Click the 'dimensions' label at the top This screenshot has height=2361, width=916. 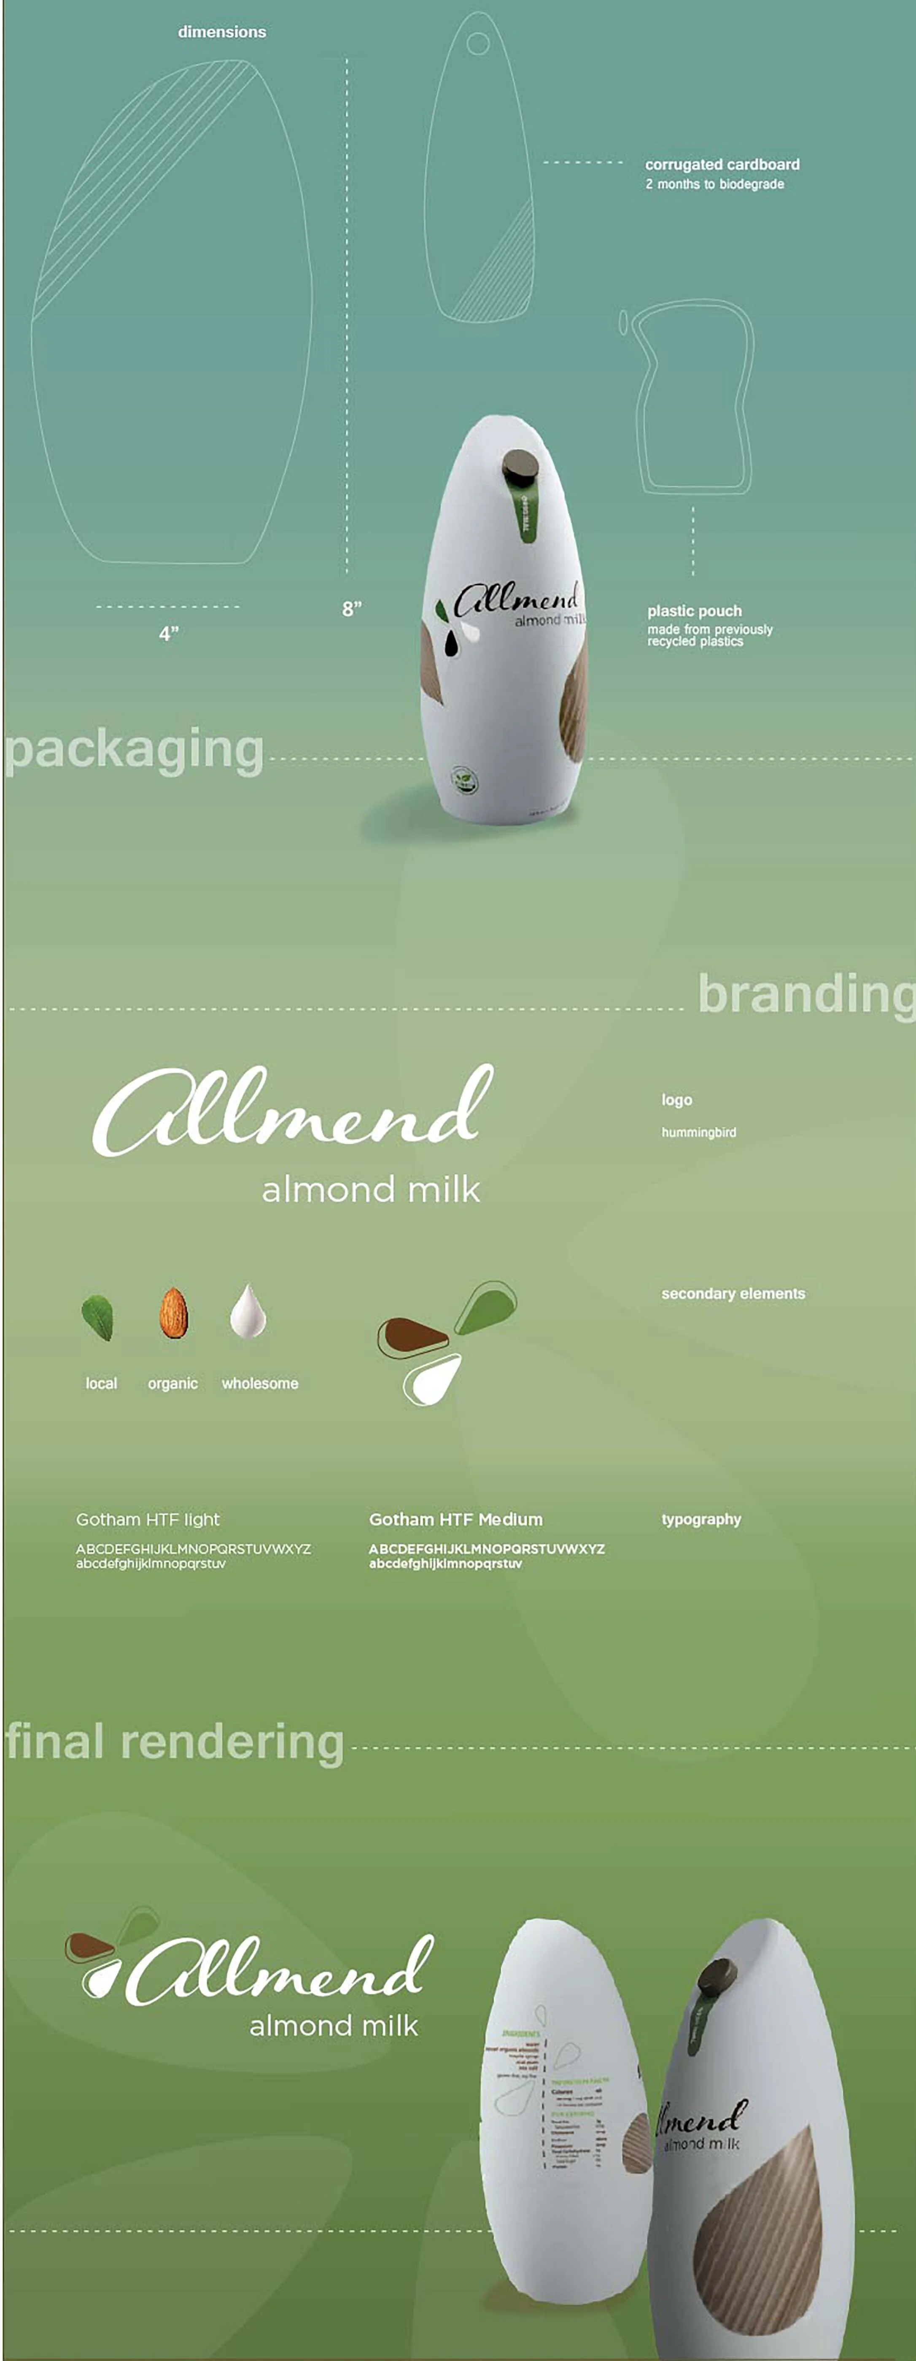tap(222, 32)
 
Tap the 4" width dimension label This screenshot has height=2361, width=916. tap(169, 633)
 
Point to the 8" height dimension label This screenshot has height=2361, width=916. tap(352, 608)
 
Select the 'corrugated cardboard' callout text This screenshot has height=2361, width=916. tap(722, 165)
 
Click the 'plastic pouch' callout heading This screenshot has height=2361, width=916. tap(694, 611)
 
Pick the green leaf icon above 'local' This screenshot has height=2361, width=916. tap(97, 1317)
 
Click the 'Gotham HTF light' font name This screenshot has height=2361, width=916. tap(148, 1520)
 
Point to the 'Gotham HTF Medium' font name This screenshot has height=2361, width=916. tap(455, 1520)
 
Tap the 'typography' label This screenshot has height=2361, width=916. tap(701, 1520)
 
